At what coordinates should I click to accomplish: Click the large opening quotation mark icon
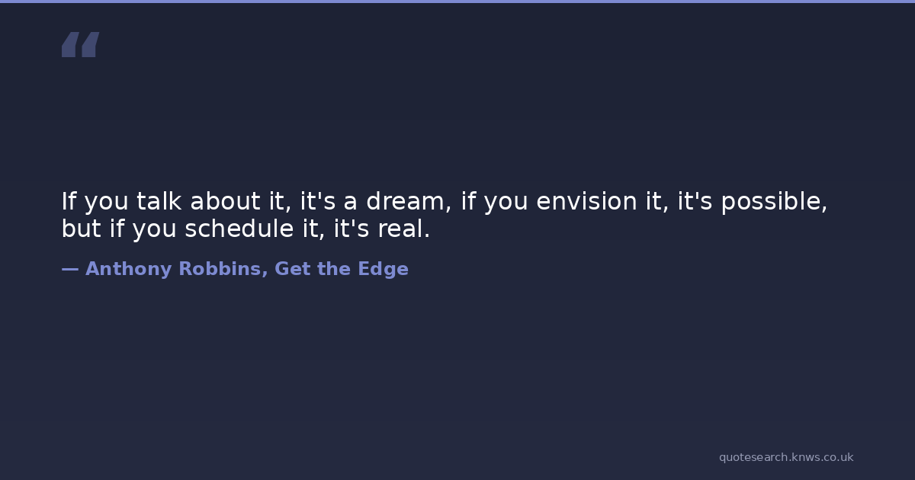click(81, 44)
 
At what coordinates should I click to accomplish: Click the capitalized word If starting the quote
click(69, 201)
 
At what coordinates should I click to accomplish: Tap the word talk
click(159, 201)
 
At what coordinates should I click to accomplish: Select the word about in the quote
click(225, 201)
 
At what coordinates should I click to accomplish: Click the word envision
click(586, 201)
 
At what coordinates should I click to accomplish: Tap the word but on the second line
click(81, 228)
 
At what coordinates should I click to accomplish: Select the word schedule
click(239, 228)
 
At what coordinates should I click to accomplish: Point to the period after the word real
click(427, 235)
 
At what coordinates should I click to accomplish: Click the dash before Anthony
click(70, 270)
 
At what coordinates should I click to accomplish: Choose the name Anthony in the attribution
click(128, 269)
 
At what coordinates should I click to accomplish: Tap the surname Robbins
click(220, 268)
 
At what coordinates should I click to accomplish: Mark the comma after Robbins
click(265, 274)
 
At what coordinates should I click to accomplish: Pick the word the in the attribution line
click(334, 268)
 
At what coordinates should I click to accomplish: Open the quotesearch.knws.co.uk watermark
click(786, 457)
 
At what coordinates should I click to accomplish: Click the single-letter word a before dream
click(351, 203)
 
